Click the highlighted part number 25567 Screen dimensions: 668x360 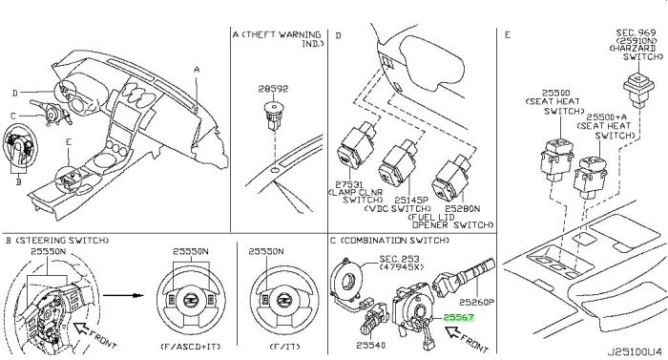[458, 317]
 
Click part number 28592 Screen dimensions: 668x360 [273, 89]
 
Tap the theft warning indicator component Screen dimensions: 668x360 [273, 116]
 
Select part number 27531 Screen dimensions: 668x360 [349, 184]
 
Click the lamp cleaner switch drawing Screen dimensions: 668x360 [356, 145]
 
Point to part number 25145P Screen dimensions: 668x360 [411, 200]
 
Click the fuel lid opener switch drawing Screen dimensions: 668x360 [452, 179]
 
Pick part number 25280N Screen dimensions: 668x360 [462, 208]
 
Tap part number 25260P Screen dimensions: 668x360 [476, 302]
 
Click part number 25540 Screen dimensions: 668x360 [371, 345]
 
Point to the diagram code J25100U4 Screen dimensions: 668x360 [635, 352]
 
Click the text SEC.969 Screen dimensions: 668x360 [636, 32]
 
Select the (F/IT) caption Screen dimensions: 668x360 [285, 347]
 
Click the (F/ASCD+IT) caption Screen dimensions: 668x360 [191, 347]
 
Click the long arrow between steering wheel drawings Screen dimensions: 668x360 [122, 295]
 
